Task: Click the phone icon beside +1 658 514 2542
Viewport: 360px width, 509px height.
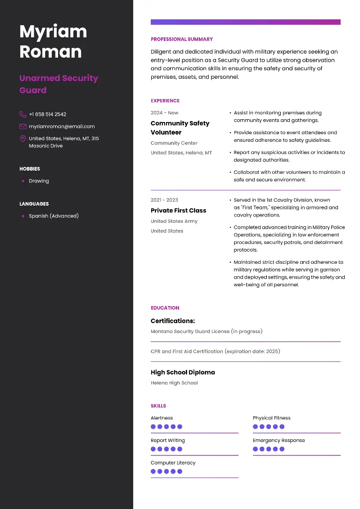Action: (x=23, y=114)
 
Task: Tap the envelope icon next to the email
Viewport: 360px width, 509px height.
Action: (x=23, y=126)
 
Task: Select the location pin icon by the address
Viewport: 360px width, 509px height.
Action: (x=23, y=139)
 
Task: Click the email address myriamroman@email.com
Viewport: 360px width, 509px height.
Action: (x=62, y=126)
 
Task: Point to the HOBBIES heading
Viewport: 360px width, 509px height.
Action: (x=30, y=169)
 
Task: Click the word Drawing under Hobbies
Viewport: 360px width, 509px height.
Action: (x=39, y=181)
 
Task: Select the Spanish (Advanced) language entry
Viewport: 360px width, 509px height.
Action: (x=54, y=216)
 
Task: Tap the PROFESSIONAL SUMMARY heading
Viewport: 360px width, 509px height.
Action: (x=182, y=39)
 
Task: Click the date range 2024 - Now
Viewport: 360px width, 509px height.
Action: (x=164, y=113)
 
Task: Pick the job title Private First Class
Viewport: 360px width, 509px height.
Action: (x=178, y=211)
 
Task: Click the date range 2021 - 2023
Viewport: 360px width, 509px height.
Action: (x=164, y=200)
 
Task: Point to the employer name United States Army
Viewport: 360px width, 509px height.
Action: (x=174, y=221)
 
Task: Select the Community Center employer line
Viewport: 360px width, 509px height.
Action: (x=174, y=143)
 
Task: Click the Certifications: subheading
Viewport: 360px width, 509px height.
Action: (x=173, y=321)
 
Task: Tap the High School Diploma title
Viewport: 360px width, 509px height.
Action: (x=183, y=372)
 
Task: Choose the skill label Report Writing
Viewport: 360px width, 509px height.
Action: (x=167, y=441)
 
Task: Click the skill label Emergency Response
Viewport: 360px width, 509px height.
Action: (x=279, y=441)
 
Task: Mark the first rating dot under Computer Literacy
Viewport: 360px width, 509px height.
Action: (x=153, y=472)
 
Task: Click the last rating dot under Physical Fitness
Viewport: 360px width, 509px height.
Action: (x=282, y=427)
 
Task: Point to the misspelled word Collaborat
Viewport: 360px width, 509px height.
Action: (x=247, y=172)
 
